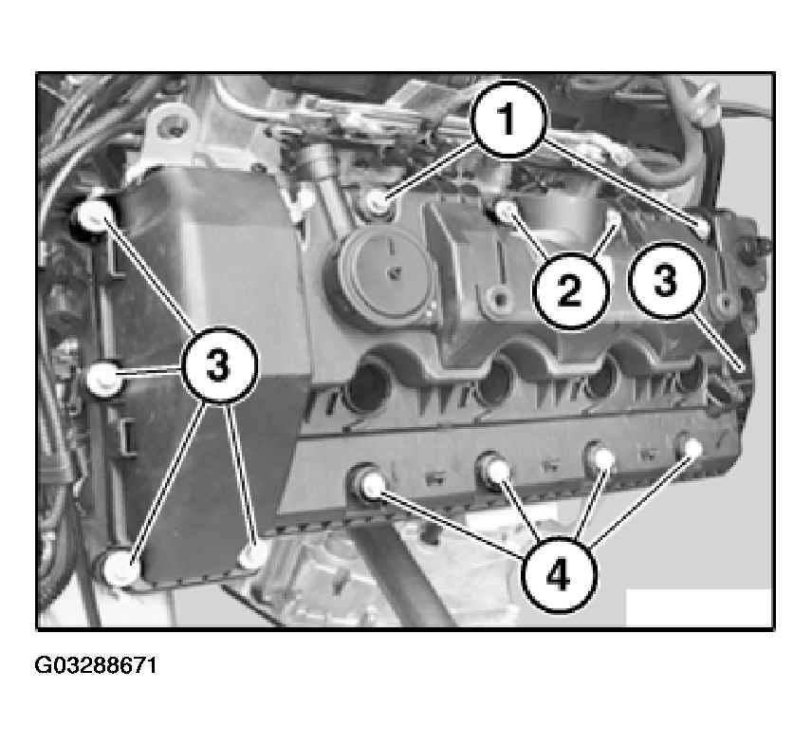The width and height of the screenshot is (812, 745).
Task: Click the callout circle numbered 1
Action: [x=508, y=119]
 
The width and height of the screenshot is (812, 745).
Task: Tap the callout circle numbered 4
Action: [x=558, y=574]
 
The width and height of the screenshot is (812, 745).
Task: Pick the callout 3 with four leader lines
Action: [x=218, y=364]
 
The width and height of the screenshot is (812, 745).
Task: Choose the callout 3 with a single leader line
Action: [x=666, y=280]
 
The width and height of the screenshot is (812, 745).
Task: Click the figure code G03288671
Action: [x=95, y=665]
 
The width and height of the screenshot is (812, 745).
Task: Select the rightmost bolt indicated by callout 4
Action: [x=691, y=447]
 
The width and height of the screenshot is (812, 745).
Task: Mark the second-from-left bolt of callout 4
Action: [x=495, y=467]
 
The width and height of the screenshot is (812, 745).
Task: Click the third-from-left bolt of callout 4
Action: [x=601, y=456]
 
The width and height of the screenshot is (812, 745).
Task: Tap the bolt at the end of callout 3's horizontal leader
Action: [x=103, y=380]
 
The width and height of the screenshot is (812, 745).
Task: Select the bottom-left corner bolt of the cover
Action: [x=120, y=568]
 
